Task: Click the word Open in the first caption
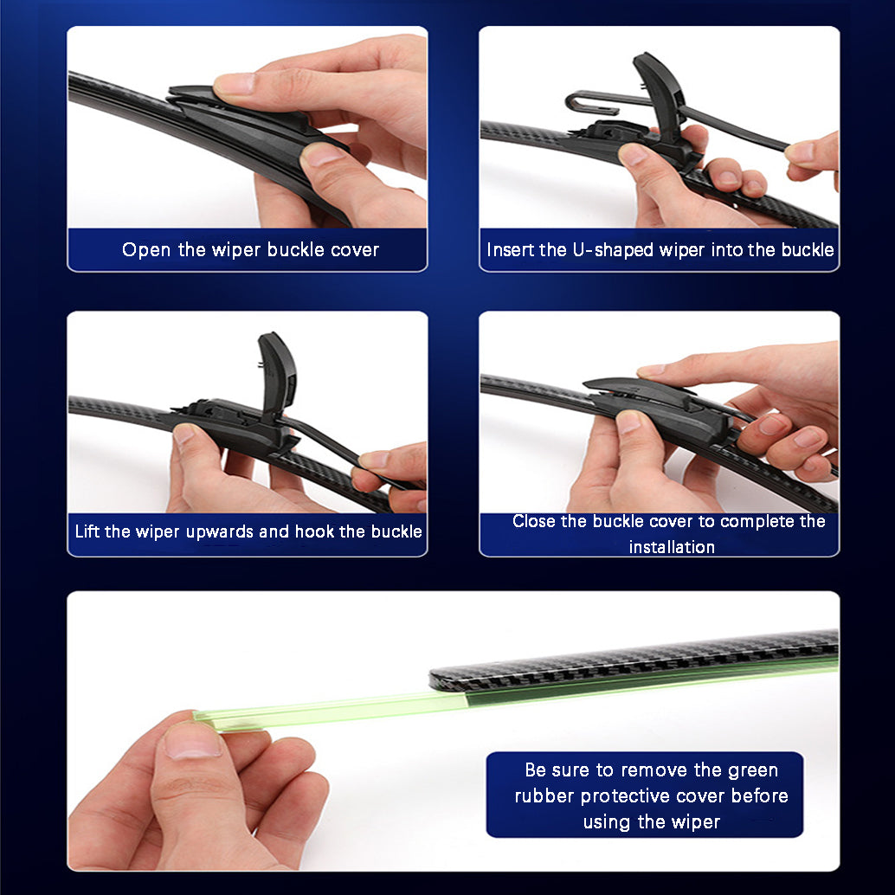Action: coord(147,250)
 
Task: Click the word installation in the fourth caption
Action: coord(672,547)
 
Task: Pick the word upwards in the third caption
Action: coord(215,531)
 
